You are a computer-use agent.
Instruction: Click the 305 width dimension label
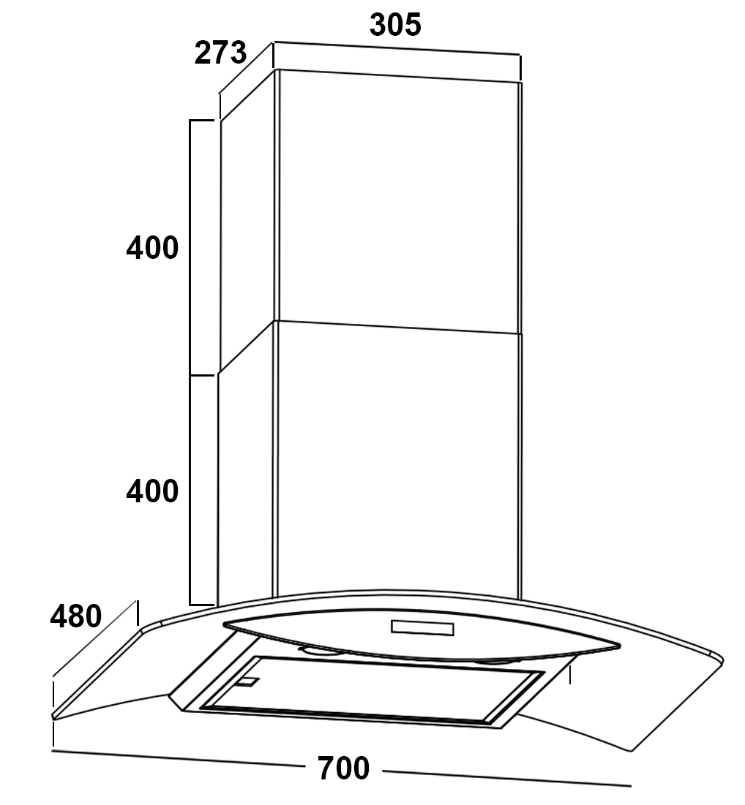point(395,24)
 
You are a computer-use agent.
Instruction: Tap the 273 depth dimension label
point(220,53)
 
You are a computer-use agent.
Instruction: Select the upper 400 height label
point(152,247)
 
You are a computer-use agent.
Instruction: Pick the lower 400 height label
point(152,491)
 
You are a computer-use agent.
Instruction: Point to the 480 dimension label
point(76,616)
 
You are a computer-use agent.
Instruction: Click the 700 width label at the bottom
point(343,768)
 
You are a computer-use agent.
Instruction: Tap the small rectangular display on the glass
point(422,627)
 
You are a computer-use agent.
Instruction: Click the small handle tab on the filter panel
point(248,681)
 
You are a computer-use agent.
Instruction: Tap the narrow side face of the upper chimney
point(248,220)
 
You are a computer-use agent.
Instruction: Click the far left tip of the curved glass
point(53,715)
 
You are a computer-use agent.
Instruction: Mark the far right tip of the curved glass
point(722,660)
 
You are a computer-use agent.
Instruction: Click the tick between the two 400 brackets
point(202,375)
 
